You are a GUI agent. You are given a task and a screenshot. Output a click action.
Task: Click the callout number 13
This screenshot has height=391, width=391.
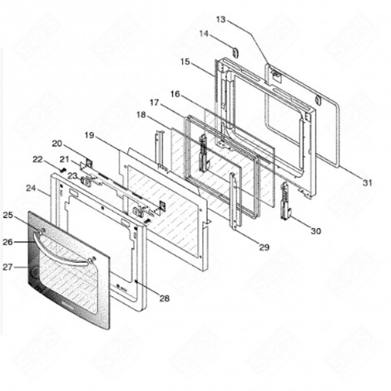point(220,19)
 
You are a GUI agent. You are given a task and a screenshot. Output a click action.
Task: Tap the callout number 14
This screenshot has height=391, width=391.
point(204,34)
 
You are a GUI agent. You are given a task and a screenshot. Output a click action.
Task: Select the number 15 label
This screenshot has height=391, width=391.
point(185,62)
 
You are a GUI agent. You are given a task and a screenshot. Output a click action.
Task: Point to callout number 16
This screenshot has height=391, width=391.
point(176,94)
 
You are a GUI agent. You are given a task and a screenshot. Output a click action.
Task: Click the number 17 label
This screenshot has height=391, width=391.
point(155,102)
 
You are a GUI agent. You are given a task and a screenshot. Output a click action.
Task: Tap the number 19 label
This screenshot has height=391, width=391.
point(89,134)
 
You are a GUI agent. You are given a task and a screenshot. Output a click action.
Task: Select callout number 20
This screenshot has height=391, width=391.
point(57,143)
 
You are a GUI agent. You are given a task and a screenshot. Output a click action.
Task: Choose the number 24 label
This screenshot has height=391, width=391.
point(31,188)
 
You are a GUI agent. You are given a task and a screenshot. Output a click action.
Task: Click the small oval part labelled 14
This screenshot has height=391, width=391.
point(234,52)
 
